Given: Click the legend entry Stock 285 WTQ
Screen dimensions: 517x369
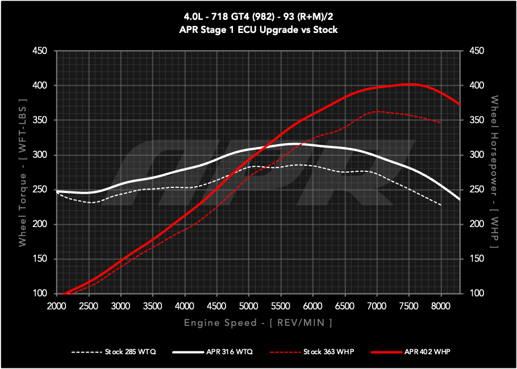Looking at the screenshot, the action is tap(112, 352).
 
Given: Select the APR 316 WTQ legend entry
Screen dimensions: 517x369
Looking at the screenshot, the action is tap(212, 352).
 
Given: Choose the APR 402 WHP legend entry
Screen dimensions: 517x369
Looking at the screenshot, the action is tap(411, 352).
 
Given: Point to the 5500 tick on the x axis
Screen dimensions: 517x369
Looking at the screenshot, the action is tap(280, 305).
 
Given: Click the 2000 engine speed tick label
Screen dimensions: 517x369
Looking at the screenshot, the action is tap(56, 305).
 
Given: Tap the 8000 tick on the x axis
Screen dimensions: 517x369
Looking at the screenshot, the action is tap(440, 305).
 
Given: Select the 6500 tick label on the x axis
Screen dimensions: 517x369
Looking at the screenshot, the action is tap(344, 305).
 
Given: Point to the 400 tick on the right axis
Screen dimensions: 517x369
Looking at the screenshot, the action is tap(476, 86).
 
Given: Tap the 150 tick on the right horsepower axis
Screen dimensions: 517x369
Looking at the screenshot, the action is tap(476, 259).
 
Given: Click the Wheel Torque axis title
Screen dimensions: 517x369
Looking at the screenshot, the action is tap(22, 173).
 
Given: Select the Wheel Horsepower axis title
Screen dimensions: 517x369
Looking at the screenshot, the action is tap(495, 173).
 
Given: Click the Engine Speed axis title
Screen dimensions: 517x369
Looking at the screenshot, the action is tap(258, 323).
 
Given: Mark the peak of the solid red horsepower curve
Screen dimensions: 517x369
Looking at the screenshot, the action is tap(409, 85).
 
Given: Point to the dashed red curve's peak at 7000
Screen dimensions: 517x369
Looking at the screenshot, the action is tap(377, 111).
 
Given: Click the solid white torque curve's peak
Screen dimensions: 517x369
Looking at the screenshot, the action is tap(294, 144).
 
